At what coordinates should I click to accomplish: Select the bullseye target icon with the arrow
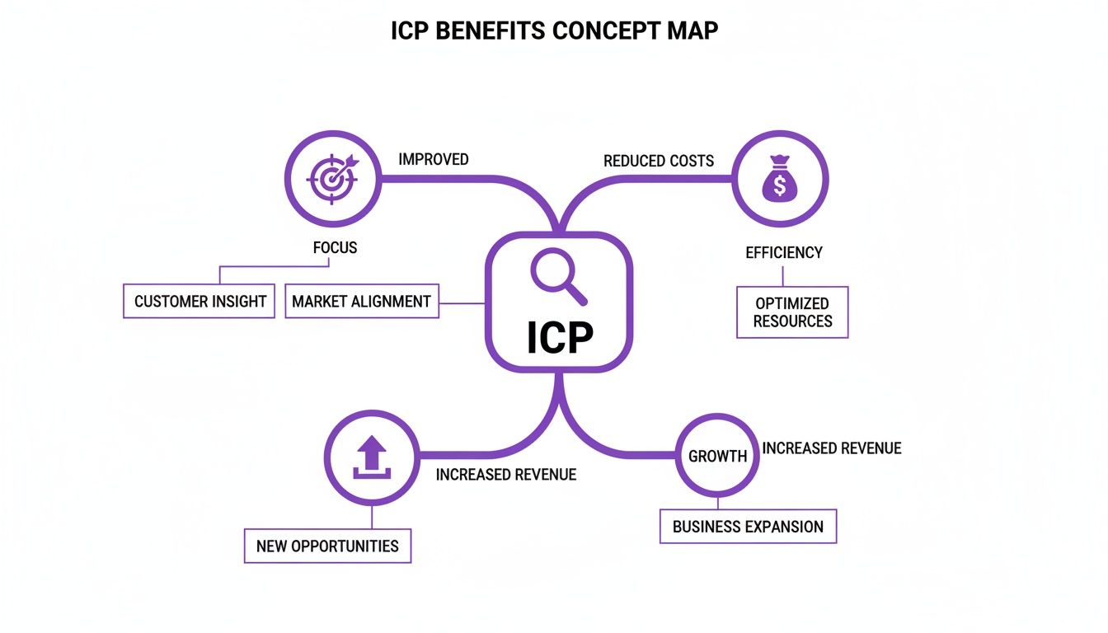click(332, 179)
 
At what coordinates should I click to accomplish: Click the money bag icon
click(779, 179)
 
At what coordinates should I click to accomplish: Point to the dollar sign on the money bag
click(779, 186)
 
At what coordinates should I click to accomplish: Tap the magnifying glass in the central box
click(558, 276)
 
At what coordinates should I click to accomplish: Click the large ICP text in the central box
click(559, 337)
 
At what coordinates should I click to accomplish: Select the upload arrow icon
click(371, 457)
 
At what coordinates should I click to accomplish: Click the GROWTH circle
click(717, 456)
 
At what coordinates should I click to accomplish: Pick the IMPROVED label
click(433, 159)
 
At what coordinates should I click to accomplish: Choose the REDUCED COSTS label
click(658, 161)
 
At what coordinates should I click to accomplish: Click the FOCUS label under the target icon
click(335, 247)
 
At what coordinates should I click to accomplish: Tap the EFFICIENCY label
click(783, 253)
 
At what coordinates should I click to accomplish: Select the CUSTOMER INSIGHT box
click(200, 302)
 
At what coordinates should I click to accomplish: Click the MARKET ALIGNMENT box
click(361, 302)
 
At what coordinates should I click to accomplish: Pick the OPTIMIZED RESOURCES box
click(791, 312)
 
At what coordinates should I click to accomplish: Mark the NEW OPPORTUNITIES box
click(327, 546)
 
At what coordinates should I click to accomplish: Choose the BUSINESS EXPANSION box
click(748, 527)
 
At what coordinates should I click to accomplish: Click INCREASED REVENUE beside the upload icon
click(505, 475)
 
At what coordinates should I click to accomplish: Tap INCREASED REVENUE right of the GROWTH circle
click(831, 448)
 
